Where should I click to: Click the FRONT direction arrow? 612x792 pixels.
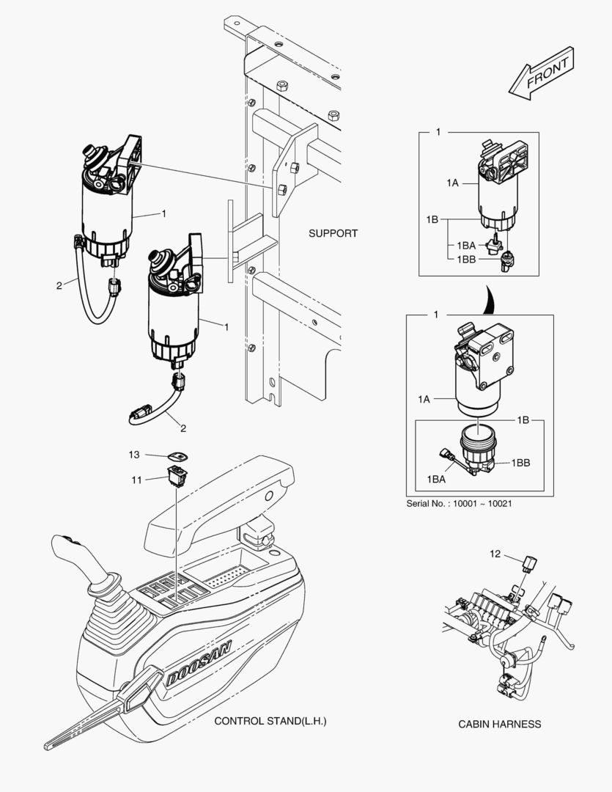coord(542,74)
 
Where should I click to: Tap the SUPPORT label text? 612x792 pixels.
coord(333,233)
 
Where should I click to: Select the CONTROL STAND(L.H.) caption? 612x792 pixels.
coord(270,721)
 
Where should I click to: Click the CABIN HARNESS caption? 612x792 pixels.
coord(500,724)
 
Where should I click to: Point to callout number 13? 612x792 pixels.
coord(134,455)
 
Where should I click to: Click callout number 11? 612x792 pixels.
coord(136,480)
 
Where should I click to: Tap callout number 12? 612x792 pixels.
coord(495,554)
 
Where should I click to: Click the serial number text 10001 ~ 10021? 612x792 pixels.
coord(452,505)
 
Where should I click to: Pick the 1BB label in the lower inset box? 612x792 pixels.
coord(521,463)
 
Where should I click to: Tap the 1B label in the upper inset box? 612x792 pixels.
coord(432,219)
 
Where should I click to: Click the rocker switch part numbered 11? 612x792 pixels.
coord(176,477)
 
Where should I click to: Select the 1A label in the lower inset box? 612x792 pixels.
coord(424,399)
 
